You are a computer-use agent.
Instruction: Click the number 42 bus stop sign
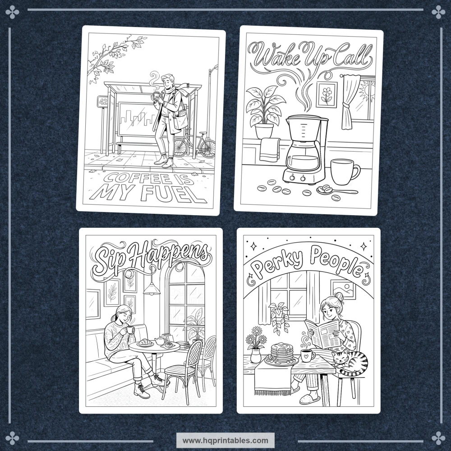click(x=103, y=101)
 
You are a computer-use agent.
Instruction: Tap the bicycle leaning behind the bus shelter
click(x=195, y=144)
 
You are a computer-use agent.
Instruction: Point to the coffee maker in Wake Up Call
click(x=305, y=150)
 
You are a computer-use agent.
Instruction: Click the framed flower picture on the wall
click(x=327, y=95)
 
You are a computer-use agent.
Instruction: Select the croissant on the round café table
click(x=145, y=342)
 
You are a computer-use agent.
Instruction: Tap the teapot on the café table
click(x=160, y=341)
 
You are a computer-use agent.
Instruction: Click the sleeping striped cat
click(x=350, y=361)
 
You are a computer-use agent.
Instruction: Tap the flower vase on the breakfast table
click(x=255, y=355)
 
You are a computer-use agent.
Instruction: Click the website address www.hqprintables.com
click(x=225, y=440)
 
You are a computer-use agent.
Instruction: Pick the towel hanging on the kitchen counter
click(x=270, y=150)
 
